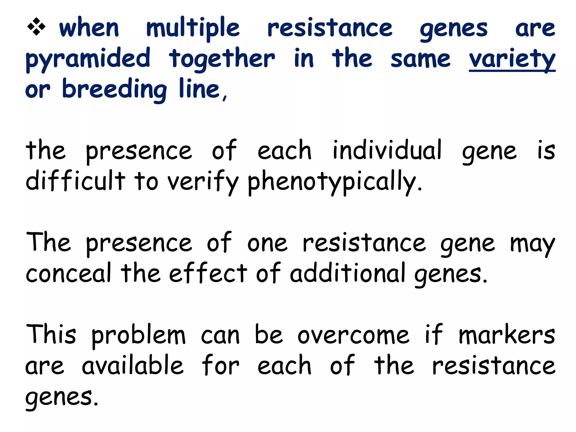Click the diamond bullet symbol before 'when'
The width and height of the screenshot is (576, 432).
(x=36, y=27)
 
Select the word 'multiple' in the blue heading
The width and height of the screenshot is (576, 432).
(x=193, y=28)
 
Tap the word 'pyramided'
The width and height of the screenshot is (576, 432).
(x=88, y=59)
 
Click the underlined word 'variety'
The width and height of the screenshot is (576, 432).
(x=512, y=59)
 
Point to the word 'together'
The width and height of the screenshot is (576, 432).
(x=222, y=59)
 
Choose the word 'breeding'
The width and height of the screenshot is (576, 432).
(x=114, y=89)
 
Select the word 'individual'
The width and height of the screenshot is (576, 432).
(x=387, y=150)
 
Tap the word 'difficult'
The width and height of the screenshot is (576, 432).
(x=75, y=181)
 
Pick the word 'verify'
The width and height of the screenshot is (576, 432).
(x=203, y=181)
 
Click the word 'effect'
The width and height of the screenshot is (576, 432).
(x=208, y=273)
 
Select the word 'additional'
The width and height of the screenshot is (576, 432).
(x=348, y=273)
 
